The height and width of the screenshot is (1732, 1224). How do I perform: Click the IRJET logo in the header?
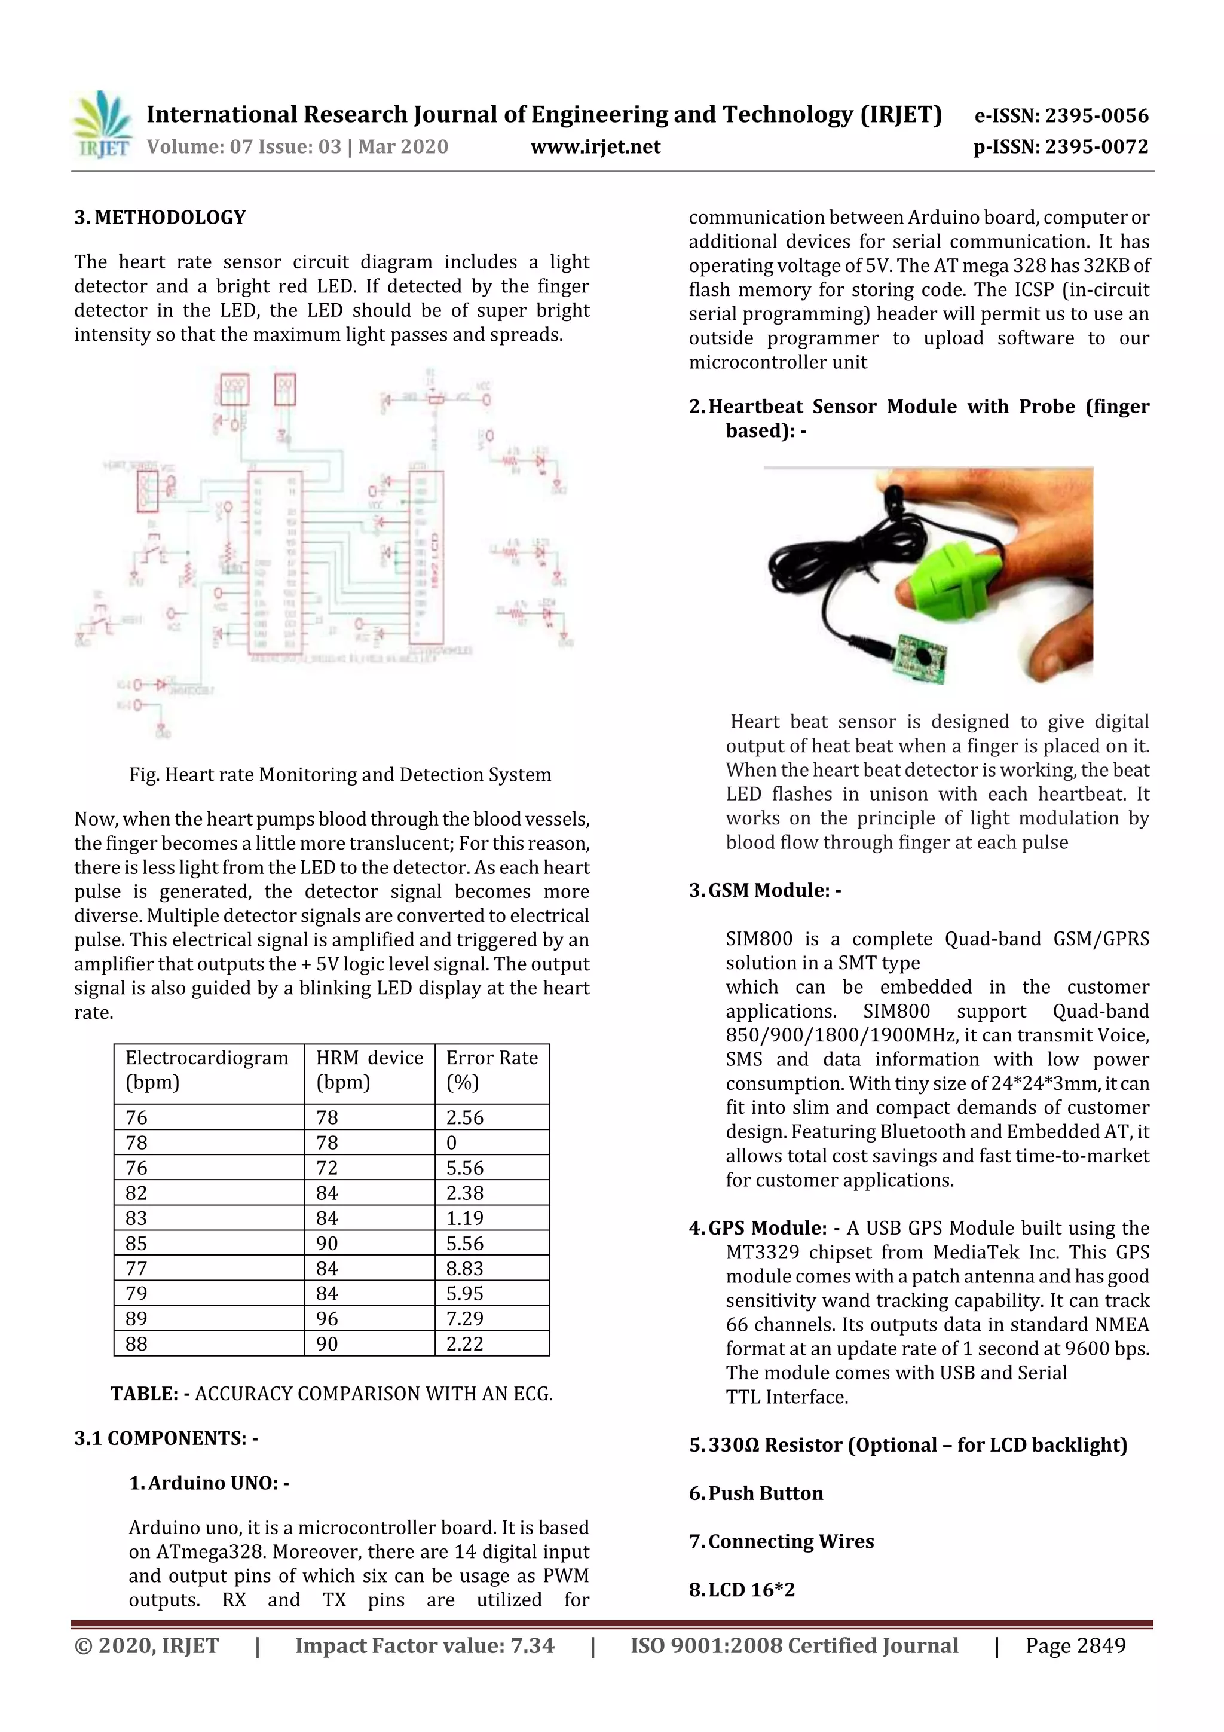tap(102, 125)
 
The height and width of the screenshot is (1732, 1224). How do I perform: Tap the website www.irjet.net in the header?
tap(595, 146)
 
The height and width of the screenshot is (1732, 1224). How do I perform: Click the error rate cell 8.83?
tap(464, 1268)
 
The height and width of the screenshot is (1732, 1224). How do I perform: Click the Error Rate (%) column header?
tap(492, 1070)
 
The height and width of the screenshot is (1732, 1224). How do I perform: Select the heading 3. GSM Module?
tap(766, 890)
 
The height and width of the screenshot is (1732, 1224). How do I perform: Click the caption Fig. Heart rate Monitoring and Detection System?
tap(340, 775)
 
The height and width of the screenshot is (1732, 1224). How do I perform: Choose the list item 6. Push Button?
tap(757, 1493)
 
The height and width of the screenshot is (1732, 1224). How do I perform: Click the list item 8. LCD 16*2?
tap(742, 1590)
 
